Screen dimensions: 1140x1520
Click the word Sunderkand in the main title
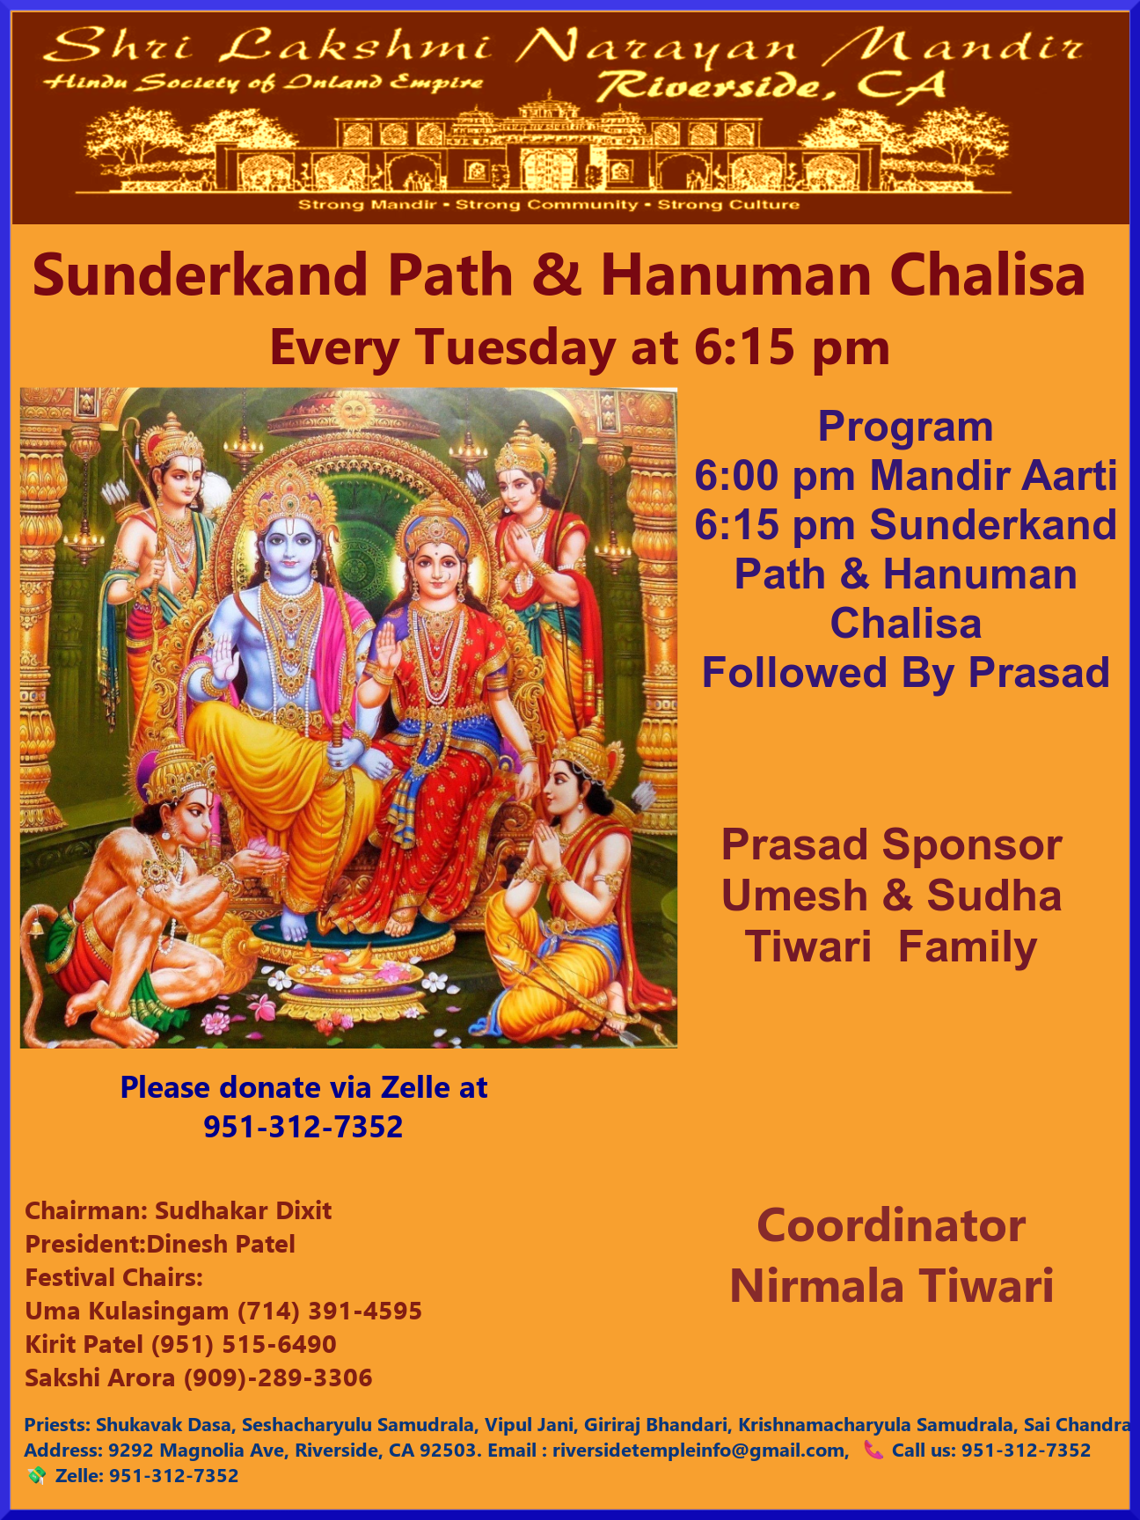coord(200,274)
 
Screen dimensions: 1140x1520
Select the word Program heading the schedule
coord(905,427)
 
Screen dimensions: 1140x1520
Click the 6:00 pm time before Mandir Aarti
coord(774,476)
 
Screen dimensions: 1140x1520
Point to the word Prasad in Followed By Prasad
coord(1039,673)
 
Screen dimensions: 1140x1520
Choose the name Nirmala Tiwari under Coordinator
coord(891,1285)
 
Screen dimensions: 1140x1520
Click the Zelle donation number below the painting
coord(303,1126)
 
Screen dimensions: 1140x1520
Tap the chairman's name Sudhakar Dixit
coord(244,1210)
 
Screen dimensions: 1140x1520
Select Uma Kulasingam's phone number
coord(330,1311)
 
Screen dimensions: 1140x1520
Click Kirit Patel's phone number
coord(244,1344)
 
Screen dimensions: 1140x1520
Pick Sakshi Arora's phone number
coord(278,1377)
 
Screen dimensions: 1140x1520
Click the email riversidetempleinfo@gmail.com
coord(699,1451)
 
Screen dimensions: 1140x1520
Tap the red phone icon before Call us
coord(873,1450)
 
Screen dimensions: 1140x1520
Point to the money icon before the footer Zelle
coord(36,1476)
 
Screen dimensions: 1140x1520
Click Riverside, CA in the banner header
coord(771,85)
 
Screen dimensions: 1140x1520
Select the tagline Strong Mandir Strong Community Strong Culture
coord(549,205)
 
